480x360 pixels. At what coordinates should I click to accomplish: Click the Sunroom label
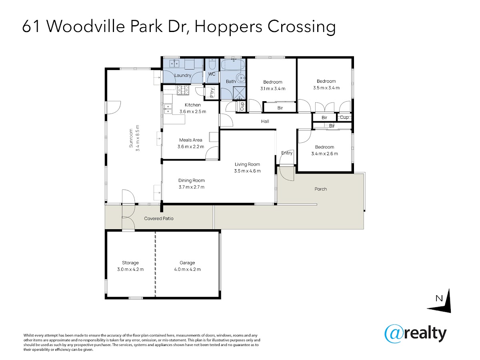[131, 138]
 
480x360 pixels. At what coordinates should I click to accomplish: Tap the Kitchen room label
[192, 105]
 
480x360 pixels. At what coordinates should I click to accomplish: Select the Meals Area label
[190, 140]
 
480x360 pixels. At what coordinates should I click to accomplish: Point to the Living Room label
[247, 164]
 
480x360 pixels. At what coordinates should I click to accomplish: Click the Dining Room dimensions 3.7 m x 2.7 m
[191, 187]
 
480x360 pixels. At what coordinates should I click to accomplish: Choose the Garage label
[187, 263]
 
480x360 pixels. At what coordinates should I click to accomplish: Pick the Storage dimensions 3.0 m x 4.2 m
[130, 269]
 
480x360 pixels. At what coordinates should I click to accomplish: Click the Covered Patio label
[158, 218]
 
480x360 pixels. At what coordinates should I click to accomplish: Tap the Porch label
[320, 189]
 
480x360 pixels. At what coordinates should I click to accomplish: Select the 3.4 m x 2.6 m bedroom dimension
[324, 154]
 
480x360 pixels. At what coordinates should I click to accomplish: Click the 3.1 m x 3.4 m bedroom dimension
[273, 88]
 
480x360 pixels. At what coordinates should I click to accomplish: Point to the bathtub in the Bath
[232, 64]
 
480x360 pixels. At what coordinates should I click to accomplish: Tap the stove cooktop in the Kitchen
[183, 90]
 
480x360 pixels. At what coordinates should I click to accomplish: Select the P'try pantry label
[212, 92]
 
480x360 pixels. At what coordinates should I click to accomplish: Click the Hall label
[265, 121]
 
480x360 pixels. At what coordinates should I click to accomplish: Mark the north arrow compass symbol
[439, 301]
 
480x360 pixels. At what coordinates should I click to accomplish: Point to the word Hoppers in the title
[228, 27]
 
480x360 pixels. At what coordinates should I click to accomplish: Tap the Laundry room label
[183, 76]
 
